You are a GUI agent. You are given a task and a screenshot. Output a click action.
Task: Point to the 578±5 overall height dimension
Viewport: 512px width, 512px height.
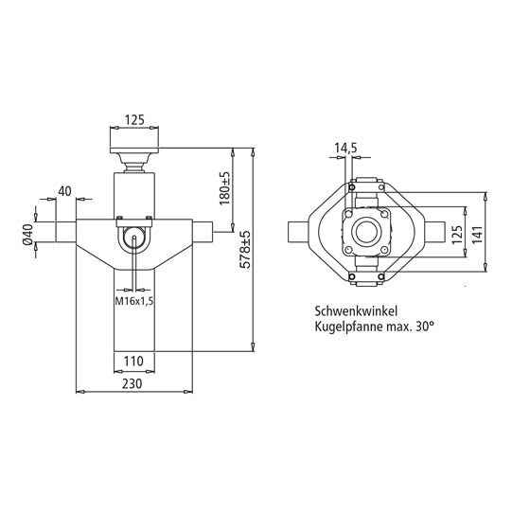pos(245,248)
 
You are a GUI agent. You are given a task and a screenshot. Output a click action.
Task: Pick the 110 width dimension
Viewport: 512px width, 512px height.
pos(133,361)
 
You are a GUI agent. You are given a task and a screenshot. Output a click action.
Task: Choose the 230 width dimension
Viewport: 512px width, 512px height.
pos(133,384)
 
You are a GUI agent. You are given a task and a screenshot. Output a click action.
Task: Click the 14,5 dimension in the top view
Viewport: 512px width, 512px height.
pos(345,148)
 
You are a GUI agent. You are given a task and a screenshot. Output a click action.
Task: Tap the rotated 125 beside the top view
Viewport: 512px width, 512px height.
pos(455,233)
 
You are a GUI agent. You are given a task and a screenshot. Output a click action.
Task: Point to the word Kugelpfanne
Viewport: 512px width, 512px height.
pos(345,326)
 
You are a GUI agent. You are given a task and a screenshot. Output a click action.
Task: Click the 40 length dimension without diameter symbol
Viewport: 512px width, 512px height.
pos(64,191)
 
